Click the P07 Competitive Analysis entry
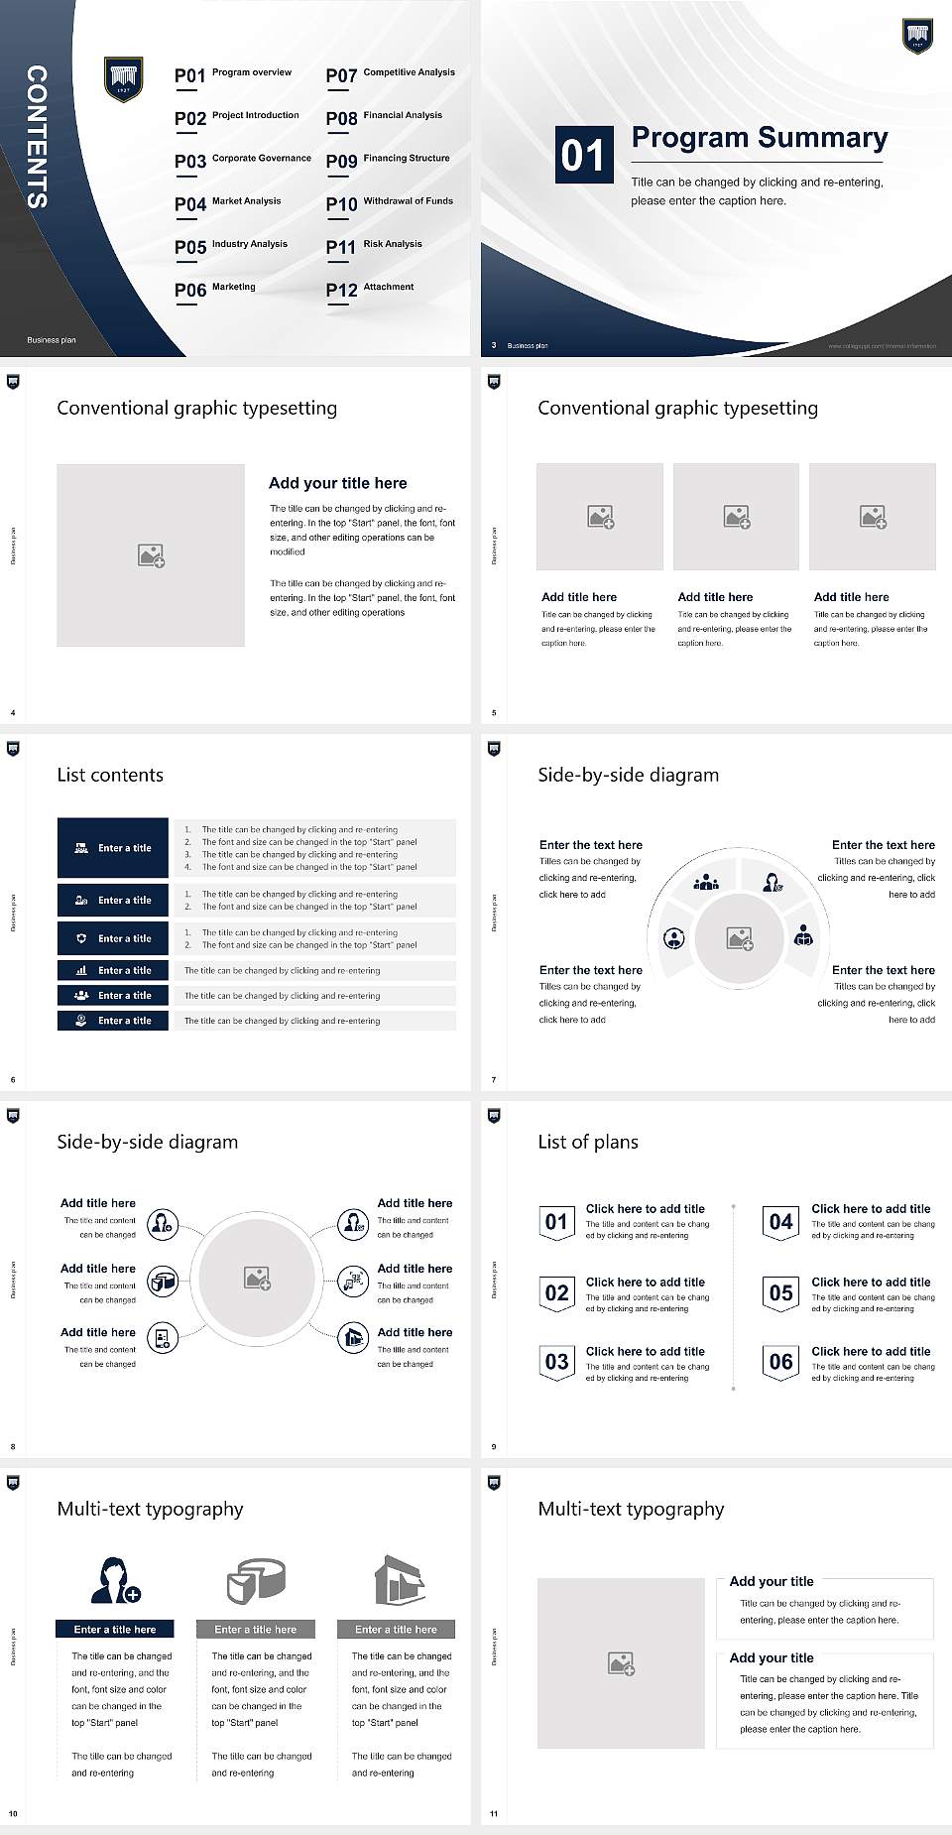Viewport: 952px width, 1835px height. click(x=390, y=74)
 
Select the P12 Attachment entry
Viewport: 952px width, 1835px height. click(x=370, y=289)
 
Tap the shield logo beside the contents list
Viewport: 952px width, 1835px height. click(x=124, y=78)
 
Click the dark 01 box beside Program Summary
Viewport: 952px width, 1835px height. click(x=583, y=155)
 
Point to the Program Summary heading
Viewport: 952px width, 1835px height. click(x=759, y=138)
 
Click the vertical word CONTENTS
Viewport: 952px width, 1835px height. click(x=37, y=137)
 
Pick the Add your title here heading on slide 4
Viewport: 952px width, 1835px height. click(x=337, y=483)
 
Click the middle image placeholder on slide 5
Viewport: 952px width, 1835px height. click(x=736, y=517)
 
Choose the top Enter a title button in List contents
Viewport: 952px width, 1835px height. click(x=113, y=848)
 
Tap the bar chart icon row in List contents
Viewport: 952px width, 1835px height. click(x=113, y=970)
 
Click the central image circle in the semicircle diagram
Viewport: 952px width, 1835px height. click(x=739, y=937)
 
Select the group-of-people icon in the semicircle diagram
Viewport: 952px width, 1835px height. click(x=706, y=881)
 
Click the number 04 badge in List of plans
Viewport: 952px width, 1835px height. click(x=780, y=1222)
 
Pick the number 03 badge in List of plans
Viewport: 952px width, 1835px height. click(x=556, y=1362)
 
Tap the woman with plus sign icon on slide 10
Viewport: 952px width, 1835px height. click(x=115, y=1581)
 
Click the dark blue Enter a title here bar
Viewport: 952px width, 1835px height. click(x=114, y=1629)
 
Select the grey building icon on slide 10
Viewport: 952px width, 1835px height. click(x=399, y=1580)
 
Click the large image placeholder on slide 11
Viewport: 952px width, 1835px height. click(x=621, y=1663)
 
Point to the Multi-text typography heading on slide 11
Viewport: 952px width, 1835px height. click(x=631, y=1509)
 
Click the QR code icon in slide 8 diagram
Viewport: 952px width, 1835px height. click(x=353, y=1282)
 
